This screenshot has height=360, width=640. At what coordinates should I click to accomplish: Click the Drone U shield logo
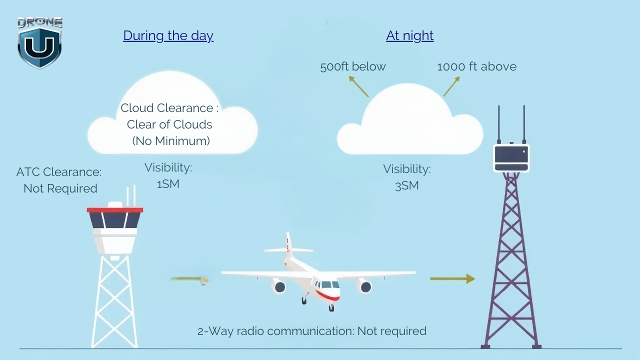point(39,44)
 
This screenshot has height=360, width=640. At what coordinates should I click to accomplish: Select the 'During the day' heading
point(168,35)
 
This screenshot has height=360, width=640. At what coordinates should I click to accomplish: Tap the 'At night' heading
point(409,35)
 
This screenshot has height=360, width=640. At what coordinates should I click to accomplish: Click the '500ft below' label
point(353,66)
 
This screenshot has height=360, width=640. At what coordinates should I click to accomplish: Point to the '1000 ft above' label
point(476,66)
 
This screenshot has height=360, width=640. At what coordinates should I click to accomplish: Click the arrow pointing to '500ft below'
point(358,86)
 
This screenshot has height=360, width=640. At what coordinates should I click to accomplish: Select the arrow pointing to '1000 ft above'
point(451,86)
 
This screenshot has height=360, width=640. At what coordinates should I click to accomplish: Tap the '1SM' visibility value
point(168,184)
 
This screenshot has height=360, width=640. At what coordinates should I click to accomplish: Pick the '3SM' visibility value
point(406,186)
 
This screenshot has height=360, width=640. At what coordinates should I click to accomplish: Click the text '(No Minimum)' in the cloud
point(171,141)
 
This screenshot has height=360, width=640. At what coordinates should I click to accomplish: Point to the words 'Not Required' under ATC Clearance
point(60,188)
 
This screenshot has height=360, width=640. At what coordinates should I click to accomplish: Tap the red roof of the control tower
point(115,210)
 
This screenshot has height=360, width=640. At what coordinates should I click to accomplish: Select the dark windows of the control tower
point(115,220)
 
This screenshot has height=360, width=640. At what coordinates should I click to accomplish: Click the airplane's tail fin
point(288,245)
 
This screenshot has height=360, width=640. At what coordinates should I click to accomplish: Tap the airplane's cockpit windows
point(327,285)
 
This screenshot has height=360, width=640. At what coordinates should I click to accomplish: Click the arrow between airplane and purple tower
point(452,278)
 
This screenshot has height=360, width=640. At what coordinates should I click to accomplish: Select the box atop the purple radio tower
point(511,158)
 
